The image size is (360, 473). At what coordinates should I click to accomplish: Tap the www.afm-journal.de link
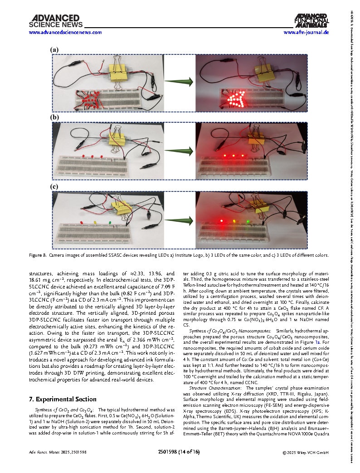pyautogui.click(x=306, y=33)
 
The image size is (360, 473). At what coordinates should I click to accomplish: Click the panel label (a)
pyautogui.click(x=54, y=50)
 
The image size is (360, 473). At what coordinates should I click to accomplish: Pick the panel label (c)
pyautogui.click(x=54, y=186)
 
